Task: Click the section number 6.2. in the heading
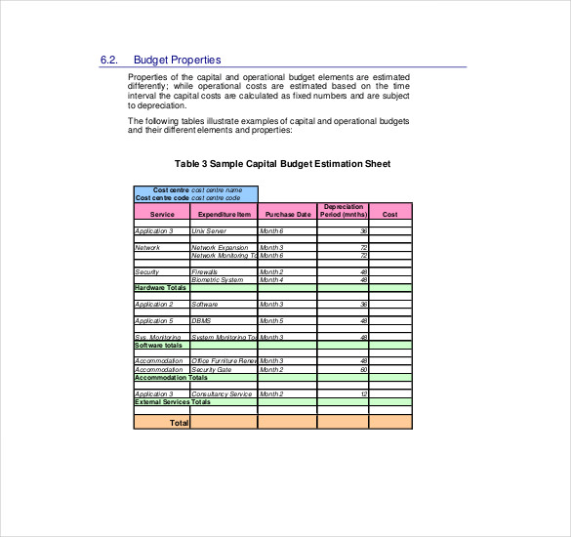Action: [109, 60]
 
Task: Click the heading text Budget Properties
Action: [177, 60]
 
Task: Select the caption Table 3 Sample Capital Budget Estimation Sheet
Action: [282, 164]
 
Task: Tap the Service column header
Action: [162, 213]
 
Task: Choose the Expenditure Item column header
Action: [224, 213]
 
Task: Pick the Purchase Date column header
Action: [288, 213]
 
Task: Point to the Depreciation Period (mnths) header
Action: [343, 210]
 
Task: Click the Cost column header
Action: [390, 213]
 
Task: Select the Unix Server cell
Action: [209, 231]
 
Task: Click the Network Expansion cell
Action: [220, 248]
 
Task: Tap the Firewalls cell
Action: [205, 271]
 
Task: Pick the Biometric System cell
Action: [218, 279]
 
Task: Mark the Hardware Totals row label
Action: [160, 288]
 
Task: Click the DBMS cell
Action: [200, 320]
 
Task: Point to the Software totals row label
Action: [158, 345]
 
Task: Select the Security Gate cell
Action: [211, 369]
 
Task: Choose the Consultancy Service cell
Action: [222, 393]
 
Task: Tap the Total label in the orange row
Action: [179, 423]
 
